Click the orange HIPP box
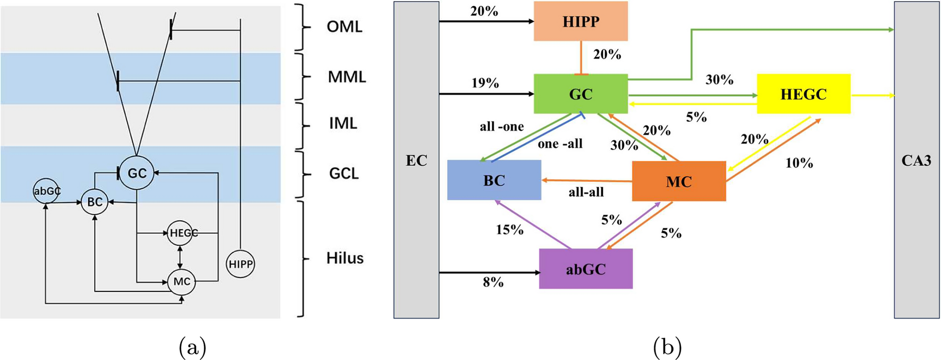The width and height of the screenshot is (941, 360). pos(581,21)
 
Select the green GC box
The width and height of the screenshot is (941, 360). pos(581,94)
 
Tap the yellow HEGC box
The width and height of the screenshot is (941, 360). pos(803,94)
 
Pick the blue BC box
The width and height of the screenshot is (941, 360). pos(494,180)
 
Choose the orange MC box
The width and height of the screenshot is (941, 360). pos(678,181)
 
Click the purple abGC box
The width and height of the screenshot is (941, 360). pos(585,269)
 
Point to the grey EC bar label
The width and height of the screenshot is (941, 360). pos(416,160)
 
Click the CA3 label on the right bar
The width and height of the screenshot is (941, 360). pos(916,160)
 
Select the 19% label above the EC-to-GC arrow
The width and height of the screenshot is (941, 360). pos(485,83)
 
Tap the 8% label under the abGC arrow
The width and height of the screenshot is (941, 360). pos(493,282)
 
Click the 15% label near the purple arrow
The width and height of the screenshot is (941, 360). pos(509,230)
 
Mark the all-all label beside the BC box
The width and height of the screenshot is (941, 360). pos(586,192)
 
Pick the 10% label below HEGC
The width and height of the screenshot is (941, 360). pos(799,163)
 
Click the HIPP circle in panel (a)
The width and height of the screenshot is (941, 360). pos(240,264)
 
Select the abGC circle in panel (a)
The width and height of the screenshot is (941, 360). pos(47,191)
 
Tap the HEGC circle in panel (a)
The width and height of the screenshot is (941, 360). pos(180,233)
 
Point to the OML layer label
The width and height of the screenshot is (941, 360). pos(345,27)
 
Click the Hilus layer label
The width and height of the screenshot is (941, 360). pos(345,258)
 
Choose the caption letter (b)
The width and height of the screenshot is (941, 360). pos(667,348)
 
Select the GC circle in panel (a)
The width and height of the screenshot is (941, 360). pos(137,173)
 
